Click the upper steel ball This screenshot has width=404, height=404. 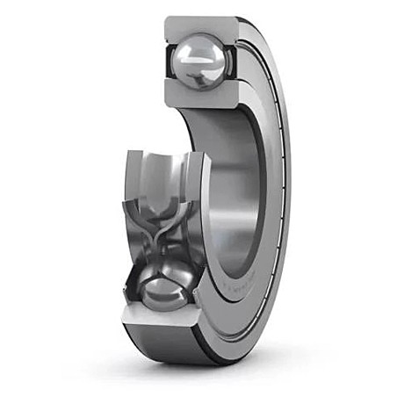click(201, 61)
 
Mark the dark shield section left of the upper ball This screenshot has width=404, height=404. click(171, 61)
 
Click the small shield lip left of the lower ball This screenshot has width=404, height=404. click(133, 286)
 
